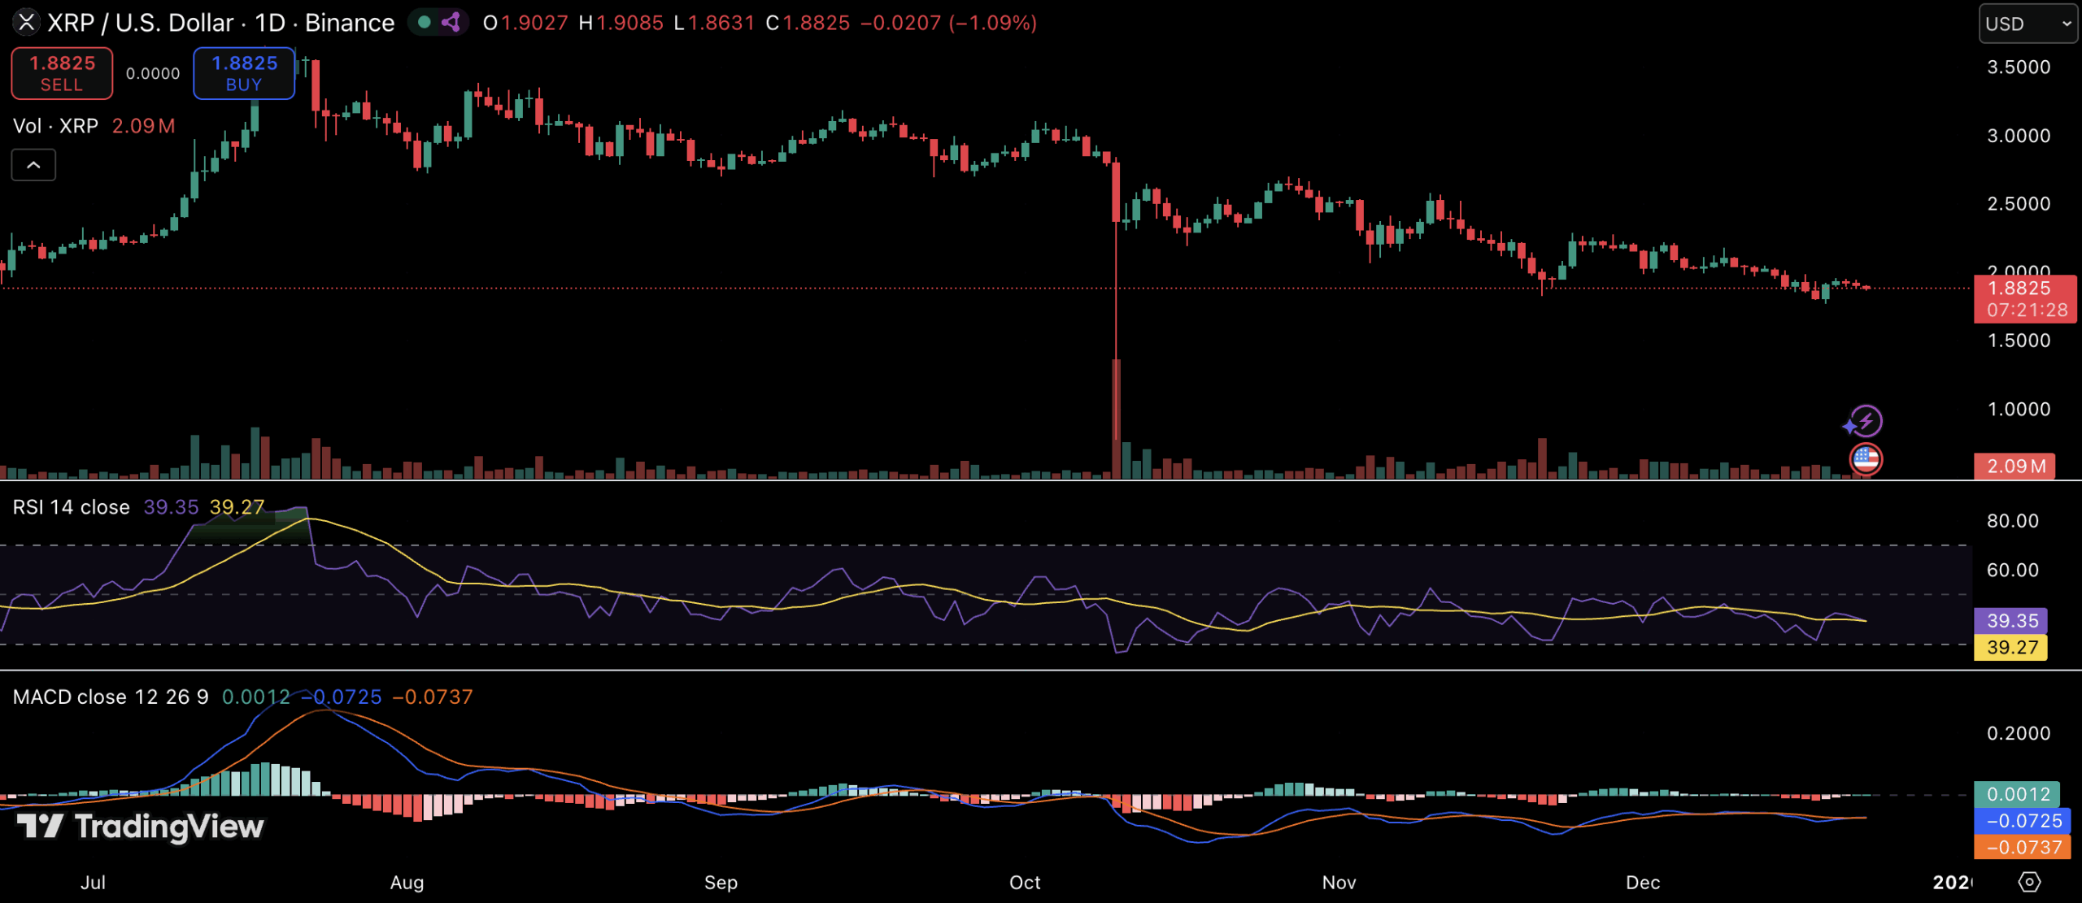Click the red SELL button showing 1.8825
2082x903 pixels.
click(x=62, y=73)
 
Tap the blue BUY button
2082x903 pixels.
click(x=244, y=73)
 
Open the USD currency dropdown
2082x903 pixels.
click(x=2028, y=24)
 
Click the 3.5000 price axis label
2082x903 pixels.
click(x=2019, y=67)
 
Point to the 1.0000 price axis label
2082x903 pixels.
click(x=2019, y=410)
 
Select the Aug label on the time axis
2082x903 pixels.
click(x=407, y=883)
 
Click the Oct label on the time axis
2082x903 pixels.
click(x=1025, y=883)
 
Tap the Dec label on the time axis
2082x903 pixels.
click(x=1643, y=883)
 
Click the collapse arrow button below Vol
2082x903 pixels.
click(x=33, y=165)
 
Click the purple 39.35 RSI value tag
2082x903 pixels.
click(x=2011, y=621)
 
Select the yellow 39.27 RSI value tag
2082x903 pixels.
click(x=2011, y=648)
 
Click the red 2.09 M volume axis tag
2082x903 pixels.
click(x=2016, y=467)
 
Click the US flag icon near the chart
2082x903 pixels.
click(x=1866, y=460)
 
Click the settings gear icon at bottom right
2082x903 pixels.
click(x=2030, y=883)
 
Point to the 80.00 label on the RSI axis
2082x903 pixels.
click(x=2013, y=521)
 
